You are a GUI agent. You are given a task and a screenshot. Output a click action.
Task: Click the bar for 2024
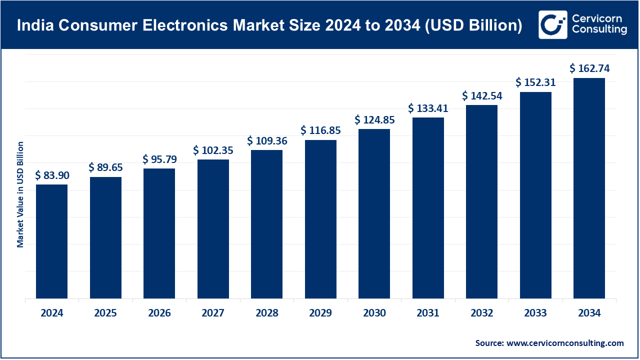51,241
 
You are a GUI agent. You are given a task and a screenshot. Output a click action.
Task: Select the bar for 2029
320,219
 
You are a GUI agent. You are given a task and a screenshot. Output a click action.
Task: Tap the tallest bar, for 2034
589,188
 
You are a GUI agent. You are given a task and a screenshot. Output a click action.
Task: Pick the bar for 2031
428,208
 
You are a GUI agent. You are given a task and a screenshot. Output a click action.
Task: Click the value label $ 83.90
52,175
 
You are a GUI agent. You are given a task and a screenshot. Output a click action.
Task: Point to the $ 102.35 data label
213,150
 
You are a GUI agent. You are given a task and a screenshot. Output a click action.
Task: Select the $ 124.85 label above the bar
374,120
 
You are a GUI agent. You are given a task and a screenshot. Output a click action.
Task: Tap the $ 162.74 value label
589,68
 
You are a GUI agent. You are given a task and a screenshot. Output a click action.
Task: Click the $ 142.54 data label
482,95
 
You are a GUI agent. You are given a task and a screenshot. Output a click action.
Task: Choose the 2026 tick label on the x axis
159,313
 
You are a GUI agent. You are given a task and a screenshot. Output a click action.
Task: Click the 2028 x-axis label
266,313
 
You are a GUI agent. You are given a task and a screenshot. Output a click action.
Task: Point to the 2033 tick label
535,313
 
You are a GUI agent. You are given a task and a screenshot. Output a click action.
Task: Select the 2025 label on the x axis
105,313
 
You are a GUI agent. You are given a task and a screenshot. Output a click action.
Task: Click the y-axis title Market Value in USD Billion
20,194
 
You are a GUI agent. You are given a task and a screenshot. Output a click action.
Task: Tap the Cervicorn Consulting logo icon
552,24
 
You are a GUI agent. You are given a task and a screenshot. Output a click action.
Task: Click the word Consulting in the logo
599,30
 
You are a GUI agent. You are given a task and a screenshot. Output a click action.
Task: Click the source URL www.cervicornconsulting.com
565,343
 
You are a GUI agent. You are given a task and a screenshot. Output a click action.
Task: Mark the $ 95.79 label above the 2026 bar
159,159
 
